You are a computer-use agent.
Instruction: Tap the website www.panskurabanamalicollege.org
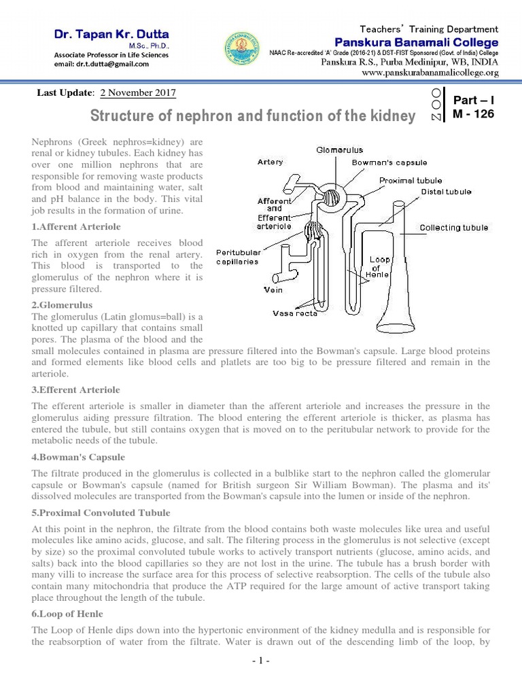click(430, 72)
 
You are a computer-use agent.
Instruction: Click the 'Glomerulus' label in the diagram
click(340, 150)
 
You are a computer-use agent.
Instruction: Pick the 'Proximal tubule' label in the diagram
click(411, 181)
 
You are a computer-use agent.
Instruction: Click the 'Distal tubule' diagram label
click(446, 192)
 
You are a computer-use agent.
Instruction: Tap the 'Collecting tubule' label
click(453, 228)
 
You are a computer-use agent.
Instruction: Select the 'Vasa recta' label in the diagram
click(295, 313)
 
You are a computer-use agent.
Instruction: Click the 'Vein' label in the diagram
click(273, 290)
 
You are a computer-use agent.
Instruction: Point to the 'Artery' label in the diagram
click(271, 162)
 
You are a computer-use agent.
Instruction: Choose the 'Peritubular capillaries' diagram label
click(237, 257)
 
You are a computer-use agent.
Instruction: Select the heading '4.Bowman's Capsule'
click(78, 457)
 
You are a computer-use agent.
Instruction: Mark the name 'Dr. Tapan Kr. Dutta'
click(113, 34)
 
